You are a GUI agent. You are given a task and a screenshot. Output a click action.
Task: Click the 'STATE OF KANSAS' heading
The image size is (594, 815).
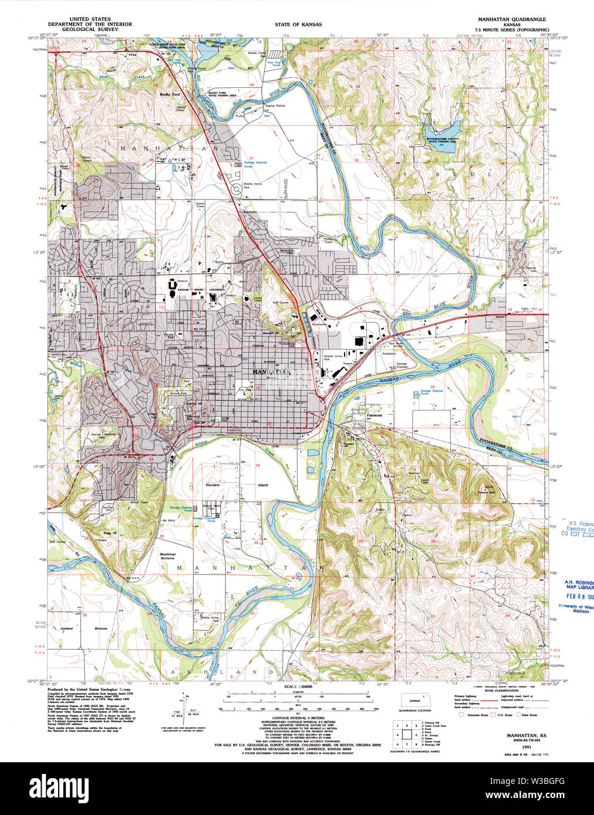[298, 25]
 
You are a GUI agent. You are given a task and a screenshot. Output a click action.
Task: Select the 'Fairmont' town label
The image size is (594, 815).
[374, 415]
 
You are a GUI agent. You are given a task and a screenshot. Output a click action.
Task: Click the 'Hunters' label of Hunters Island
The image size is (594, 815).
[212, 485]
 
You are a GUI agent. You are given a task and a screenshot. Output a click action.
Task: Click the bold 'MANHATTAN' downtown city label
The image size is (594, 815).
[271, 372]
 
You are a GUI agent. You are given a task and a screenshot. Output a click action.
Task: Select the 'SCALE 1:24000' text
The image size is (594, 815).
[298, 687]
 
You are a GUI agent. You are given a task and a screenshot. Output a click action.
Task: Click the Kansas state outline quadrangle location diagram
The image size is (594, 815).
[415, 701]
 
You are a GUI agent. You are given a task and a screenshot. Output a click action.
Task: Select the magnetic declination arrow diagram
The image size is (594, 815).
[187, 704]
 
